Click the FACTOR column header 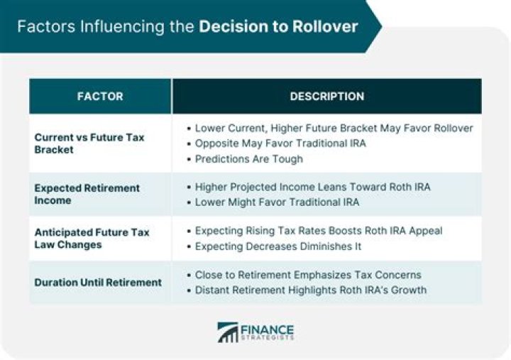100,97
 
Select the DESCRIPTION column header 326,97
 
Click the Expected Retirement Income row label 87,194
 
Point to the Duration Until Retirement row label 98,282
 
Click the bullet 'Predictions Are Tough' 249,159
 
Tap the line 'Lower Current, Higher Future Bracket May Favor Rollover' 334,128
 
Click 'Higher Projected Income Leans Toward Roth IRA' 312,187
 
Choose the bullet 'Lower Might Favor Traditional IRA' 277,202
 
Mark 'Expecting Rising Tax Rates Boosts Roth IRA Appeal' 319,231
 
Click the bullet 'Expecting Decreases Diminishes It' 278,246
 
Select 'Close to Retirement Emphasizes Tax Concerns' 308,275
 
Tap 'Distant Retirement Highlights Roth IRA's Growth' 311,290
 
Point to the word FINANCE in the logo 267,329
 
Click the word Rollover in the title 323,27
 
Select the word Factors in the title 45,27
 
